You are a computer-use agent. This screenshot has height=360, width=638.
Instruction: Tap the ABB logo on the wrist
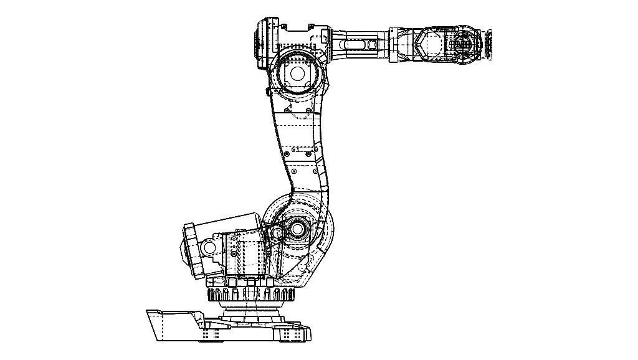tap(462, 45)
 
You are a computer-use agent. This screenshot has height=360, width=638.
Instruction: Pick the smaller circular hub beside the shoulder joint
tap(277, 234)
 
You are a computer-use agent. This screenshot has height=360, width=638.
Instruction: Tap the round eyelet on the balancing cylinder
tap(209, 249)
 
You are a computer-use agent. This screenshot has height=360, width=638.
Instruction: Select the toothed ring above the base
tap(249, 294)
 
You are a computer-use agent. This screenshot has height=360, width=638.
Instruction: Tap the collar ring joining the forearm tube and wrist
tap(394, 44)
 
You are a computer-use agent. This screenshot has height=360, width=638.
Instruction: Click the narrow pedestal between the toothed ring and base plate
tap(249, 310)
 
